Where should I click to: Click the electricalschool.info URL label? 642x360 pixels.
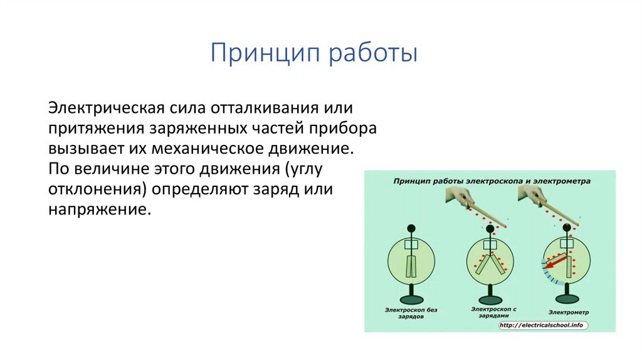[x=541, y=326]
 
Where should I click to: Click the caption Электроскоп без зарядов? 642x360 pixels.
[x=412, y=314]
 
